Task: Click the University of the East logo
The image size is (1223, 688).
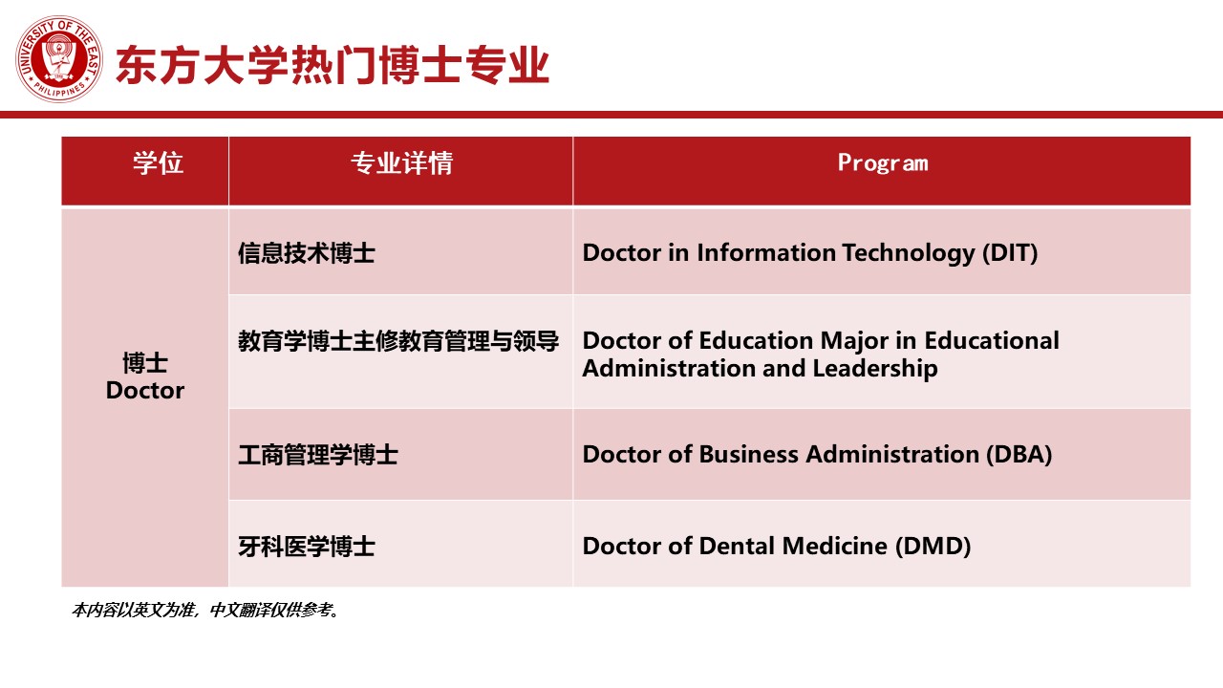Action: click(59, 59)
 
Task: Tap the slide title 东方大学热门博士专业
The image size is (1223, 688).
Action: click(333, 66)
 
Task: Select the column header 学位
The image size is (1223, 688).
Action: click(158, 162)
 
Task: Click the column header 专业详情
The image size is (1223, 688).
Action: click(401, 162)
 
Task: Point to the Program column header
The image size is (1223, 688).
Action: click(883, 163)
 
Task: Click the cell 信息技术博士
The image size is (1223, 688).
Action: click(307, 253)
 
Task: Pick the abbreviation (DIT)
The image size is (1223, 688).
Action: click(1010, 253)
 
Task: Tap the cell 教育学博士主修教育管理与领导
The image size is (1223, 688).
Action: click(398, 341)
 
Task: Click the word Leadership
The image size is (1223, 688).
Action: click(875, 369)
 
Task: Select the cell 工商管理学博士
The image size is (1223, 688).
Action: click(318, 455)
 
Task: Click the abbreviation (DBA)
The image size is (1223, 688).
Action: click(1019, 454)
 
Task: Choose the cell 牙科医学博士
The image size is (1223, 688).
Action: click(307, 547)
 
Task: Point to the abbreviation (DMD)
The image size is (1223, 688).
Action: click(933, 546)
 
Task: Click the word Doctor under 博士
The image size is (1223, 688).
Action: click(145, 391)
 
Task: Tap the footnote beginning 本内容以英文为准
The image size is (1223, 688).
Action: click(205, 610)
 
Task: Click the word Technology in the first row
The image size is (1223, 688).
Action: click(909, 253)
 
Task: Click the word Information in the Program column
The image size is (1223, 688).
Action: click(766, 253)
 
